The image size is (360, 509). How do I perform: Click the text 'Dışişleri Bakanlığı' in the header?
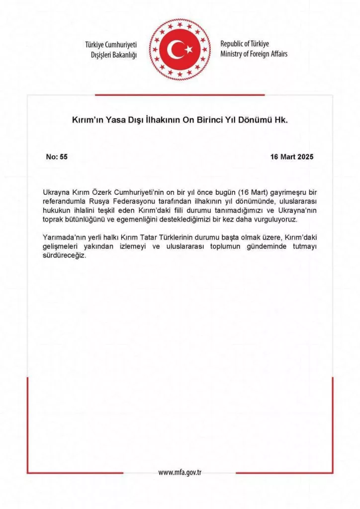click(111, 54)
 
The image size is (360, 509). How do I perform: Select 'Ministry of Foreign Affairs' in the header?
click(254, 54)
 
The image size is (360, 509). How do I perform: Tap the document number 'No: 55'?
click(57, 157)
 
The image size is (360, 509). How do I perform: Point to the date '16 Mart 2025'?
click(292, 157)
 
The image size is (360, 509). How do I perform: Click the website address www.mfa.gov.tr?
click(180, 472)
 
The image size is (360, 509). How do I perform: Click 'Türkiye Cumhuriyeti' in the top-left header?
click(110, 45)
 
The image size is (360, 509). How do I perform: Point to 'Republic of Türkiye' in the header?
click(245, 44)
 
